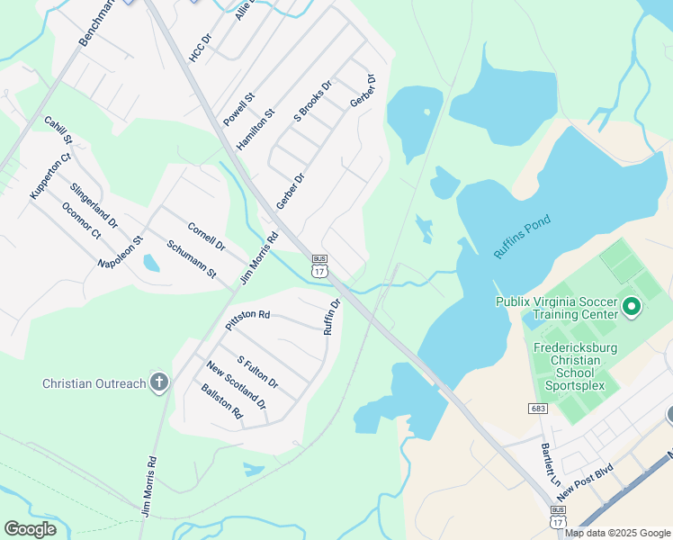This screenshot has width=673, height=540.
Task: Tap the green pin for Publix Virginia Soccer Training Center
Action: pyautogui.click(x=631, y=309)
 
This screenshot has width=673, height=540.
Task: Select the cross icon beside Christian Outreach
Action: pyautogui.click(x=158, y=382)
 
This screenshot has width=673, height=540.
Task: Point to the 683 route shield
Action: pyautogui.click(x=538, y=409)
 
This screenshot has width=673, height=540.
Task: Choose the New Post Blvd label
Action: pyautogui.click(x=584, y=482)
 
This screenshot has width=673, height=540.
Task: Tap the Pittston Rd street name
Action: pyautogui.click(x=247, y=316)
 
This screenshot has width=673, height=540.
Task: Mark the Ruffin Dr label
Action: pyautogui.click(x=332, y=317)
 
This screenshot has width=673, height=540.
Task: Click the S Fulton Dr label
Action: pyautogui.click(x=257, y=372)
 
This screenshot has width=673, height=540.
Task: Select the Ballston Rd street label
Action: pyautogui.click(x=222, y=401)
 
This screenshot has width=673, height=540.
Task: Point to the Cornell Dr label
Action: pyautogui.click(x=206, y=237)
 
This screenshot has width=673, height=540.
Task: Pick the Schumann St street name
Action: pyautogui.click(x=192, y=258)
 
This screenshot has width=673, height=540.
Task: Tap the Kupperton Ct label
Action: pyautogui.click(x=49, y=176)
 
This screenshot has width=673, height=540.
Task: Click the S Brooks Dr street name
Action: pyautogui.click(x=313, y=101)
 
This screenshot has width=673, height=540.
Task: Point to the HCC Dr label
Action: pyautogui.click(x=200, y=48)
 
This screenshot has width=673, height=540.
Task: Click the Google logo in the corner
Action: pyautogui.click(x=30, y=529)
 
